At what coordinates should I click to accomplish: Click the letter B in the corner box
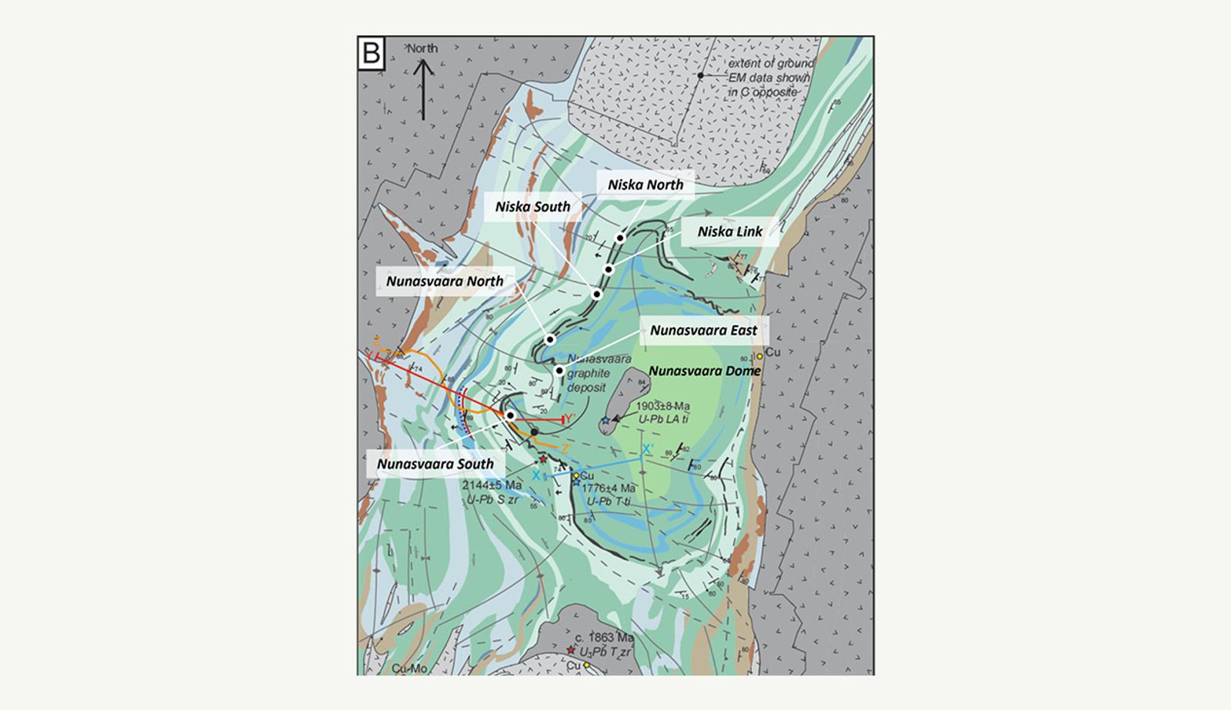(x=372, y=55)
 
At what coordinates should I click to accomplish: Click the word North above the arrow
(x=422, y=48)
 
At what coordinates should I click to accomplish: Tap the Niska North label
(x=645, y=185)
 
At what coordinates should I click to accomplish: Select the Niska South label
(x=532, y=207)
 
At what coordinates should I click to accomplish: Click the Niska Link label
(x=729, y=232)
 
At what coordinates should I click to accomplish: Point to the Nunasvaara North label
(x=444, y=282)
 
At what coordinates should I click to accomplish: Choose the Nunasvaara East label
(x=703, y=331)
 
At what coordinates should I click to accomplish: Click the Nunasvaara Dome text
(x=704, y=371)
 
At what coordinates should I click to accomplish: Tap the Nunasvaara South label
(x=435, y=465)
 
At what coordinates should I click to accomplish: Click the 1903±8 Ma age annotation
(x=662, y=406)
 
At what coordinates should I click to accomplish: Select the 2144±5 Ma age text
(x=492, y=485)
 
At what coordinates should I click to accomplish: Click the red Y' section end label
(x=570, y=419)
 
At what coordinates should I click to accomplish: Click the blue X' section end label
(x=648, y=449)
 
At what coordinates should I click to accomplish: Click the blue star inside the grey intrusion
(x=605, y=421)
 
